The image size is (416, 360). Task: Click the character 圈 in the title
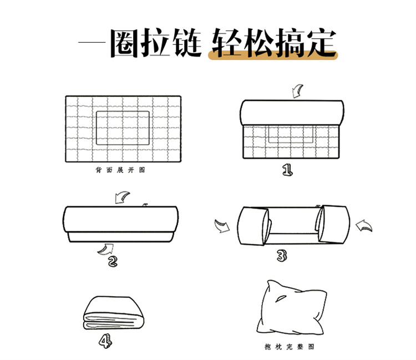tap(124, 43)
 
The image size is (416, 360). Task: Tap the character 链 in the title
tap(187, 43)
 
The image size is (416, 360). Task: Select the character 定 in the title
tap(322, 43)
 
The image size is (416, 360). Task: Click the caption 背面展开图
tap(120, 170)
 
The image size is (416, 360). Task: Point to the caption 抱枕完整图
tap(290, 347)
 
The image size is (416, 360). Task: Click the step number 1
tap(287, 170)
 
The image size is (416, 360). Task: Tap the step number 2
tap(113, 261)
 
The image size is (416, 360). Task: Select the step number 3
tap(282, 256)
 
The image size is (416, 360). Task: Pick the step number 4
tap(105, 341)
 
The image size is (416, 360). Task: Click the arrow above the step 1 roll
tap(297, 92)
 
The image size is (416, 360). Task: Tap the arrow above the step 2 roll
tap(122, 197)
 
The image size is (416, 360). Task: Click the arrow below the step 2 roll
tap(105, 250)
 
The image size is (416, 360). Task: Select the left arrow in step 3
tap(222, 226)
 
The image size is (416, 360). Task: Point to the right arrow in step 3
tap(364, 226)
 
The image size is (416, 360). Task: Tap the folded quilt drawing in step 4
tap(114, 313)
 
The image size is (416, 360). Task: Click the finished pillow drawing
tap(291, 308)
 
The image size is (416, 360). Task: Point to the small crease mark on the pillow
tap(281, 298)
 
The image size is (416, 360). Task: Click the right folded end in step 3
tap(333, 225)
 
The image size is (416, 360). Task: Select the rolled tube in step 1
tap(292, 113)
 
